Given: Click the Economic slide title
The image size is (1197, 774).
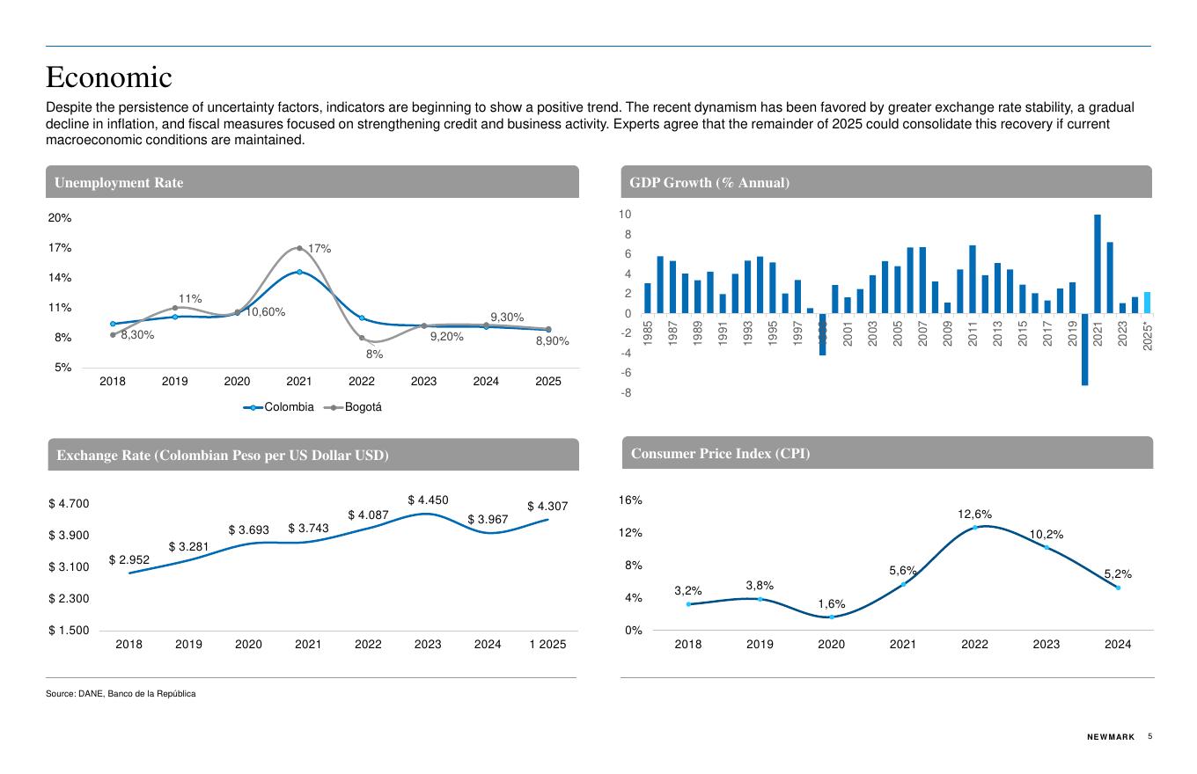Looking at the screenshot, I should click(109, 77).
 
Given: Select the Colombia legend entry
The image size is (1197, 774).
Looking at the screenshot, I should click(280, 407).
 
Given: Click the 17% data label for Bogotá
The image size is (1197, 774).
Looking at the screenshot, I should click(319, 249).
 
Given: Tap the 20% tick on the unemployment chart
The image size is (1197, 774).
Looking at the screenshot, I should click(60, 218).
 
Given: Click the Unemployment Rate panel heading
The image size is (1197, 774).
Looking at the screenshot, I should click(119, 183).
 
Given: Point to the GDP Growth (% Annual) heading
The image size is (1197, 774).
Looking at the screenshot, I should click(709, 183).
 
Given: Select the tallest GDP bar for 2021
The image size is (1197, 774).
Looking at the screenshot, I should click(1098, 264).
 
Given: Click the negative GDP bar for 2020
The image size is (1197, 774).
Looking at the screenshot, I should click(1085, 349).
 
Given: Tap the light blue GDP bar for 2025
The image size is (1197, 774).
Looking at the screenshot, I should click(1147, 303).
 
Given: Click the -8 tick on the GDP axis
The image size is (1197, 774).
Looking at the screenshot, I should click(626, 393).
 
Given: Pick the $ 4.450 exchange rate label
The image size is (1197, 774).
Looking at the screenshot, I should click(428, 500).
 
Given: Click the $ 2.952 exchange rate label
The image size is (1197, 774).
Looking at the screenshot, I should click(129, 560).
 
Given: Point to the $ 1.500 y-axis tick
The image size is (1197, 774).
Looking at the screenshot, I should click(69, 631).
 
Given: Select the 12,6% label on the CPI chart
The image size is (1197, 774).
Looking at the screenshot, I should click(975, 514).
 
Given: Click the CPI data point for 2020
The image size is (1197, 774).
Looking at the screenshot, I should click(832, 617).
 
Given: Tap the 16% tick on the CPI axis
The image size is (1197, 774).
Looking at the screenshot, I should click(631, 500).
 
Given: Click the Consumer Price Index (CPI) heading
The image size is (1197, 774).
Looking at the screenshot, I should click(720, 454).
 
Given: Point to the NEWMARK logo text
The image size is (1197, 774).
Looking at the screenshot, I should click(1111, 737).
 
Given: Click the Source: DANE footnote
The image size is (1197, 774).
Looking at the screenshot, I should click(121, 694).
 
